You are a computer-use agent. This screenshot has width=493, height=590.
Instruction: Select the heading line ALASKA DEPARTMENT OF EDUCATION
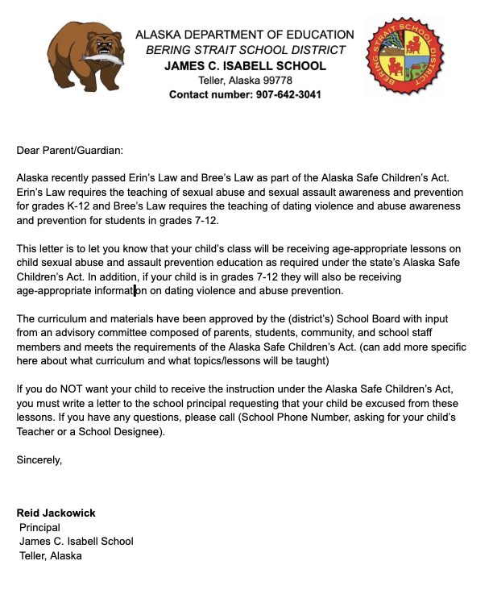coord(244,35)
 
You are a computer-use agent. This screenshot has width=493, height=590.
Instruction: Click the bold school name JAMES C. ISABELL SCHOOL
coord(245,65)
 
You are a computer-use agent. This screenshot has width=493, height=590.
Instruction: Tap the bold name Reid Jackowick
coord(56,513)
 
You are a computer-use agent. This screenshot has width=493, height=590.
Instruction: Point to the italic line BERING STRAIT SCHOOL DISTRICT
coord(245,50)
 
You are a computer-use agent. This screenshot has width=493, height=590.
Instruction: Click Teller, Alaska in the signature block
coord(50,555)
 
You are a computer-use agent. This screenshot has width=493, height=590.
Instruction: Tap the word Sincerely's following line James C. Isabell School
coord(77,541)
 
